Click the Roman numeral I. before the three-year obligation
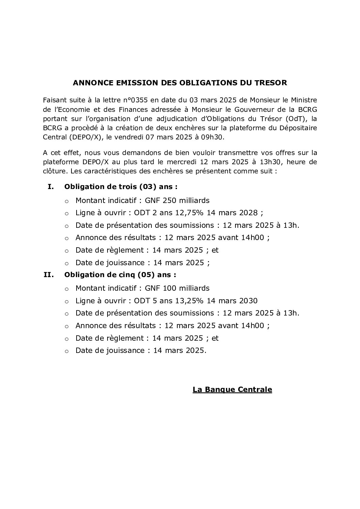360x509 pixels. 51,187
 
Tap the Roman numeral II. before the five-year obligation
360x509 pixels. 49,274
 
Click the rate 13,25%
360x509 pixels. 190,301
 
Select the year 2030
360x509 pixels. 248,301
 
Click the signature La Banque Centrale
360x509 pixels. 232,390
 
